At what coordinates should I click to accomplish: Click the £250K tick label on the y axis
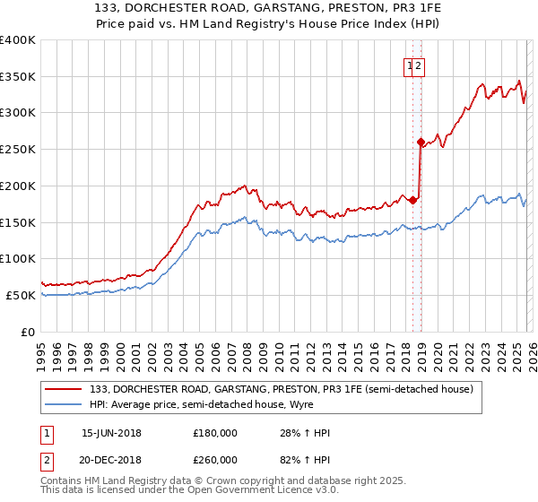(18, 150)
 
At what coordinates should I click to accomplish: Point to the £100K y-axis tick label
(18, 259)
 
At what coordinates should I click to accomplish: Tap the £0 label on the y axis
(27, 332)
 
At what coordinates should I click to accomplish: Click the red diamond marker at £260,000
(421, 142)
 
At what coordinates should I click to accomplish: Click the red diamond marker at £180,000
(412, 200)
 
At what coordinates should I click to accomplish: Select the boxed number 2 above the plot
(419, 65)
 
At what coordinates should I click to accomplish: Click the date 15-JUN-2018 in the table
(111, 433)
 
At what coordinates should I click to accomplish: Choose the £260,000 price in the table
(215, 458)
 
